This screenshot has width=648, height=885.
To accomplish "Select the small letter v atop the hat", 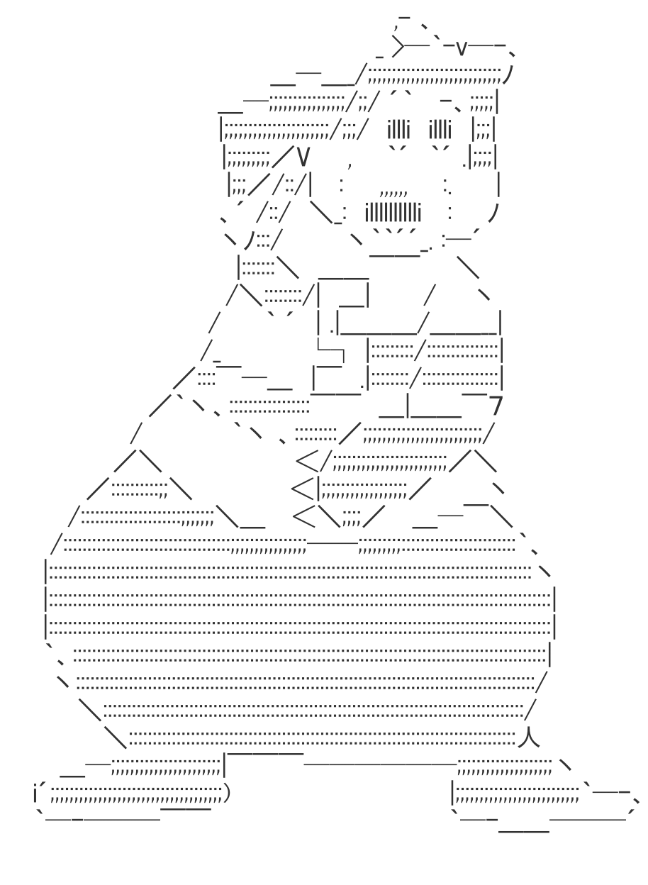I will click(x=461, y=48).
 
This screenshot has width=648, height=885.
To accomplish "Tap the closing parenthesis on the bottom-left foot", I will click(x=226, y=791).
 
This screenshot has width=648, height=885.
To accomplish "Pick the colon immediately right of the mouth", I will click(x=450, y=211).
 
